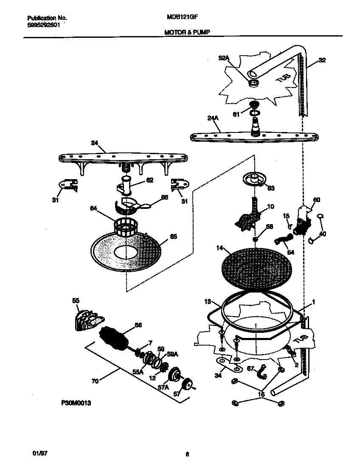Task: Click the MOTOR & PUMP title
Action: pos(186,32)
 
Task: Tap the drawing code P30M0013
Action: pos(74,404)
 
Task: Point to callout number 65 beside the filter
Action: pos(174,236)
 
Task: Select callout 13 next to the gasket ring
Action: pos(207,302)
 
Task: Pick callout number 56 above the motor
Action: pos(138,325)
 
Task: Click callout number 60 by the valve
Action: pos(317,200)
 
